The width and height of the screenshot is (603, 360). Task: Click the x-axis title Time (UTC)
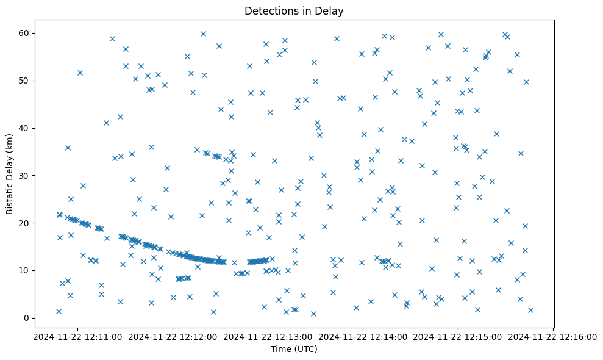(294, 349)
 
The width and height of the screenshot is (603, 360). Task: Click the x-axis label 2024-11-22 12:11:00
(78, 336)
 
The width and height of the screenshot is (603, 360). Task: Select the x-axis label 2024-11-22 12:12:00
(173, 336)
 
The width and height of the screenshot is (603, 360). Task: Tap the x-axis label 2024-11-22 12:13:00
(268, 336)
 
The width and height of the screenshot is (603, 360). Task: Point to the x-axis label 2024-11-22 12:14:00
(363, 336)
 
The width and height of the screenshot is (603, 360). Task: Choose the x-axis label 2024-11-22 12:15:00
(458, 336)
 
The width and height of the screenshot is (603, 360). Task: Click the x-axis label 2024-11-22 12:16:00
(553, 336)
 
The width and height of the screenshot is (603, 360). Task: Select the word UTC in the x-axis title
(307, 349)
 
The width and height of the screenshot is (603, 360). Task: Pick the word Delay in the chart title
(330, 10)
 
